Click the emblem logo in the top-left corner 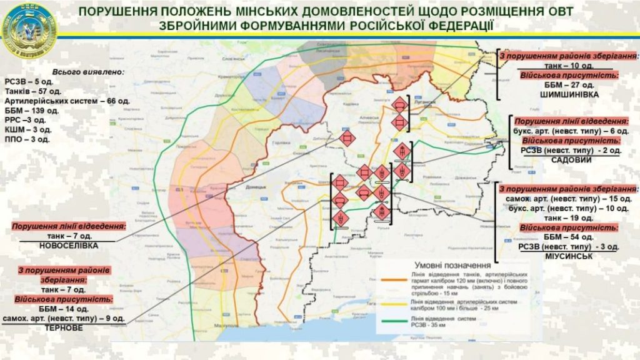click(x=29, y=29)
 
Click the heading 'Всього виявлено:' click(x=87, y=71)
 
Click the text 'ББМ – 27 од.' click(x=568, y=84)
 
